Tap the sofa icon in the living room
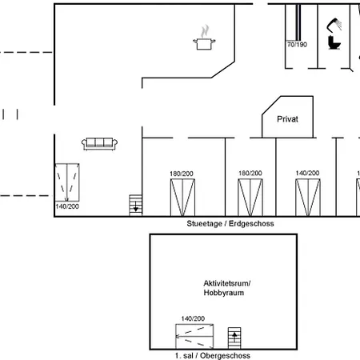click(x=100, y=143)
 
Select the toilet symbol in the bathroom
click(x=334, y=40)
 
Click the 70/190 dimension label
click(x=297, y=45)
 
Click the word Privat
click(x=287, y=118)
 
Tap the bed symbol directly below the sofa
click(x=67, y=182)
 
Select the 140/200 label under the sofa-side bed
click(x=67, y=206)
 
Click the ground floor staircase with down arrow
click(x=136, y=205)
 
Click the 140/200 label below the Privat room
click(x=307, y=173)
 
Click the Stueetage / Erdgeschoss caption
click(x=230, y=224)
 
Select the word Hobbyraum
click(x=223, y=294)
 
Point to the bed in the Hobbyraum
click(x=194, y=334)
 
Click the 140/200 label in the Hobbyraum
click(x=193, y=318)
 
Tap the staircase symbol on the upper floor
click(x=234, y=336)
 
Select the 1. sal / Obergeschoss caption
click(x=212, y=354)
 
